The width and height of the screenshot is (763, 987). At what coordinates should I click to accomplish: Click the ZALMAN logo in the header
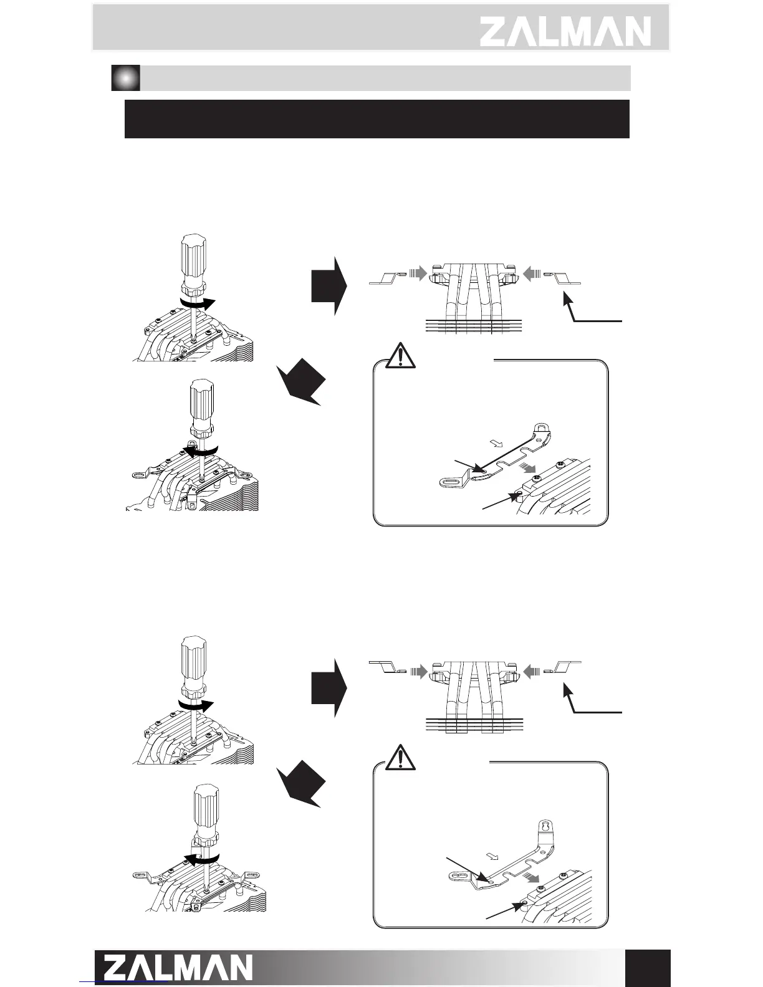click(565, 31)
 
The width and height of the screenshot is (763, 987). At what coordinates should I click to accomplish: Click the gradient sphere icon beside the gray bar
click(125, 78)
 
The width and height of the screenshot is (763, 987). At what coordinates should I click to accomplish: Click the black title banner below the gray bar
click(377, 118)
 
